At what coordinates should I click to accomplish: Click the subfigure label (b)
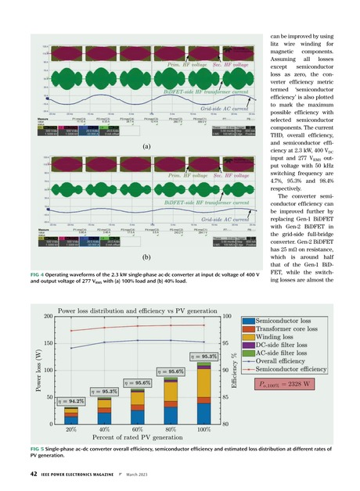(x=146, y=256)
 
